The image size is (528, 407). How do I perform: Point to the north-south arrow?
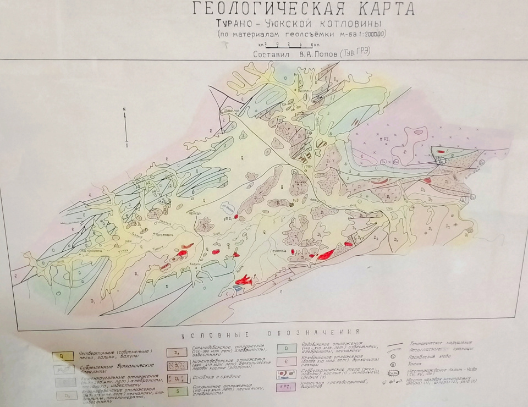[x=125, y=127]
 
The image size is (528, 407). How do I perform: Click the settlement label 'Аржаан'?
[x=195, y=213]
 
